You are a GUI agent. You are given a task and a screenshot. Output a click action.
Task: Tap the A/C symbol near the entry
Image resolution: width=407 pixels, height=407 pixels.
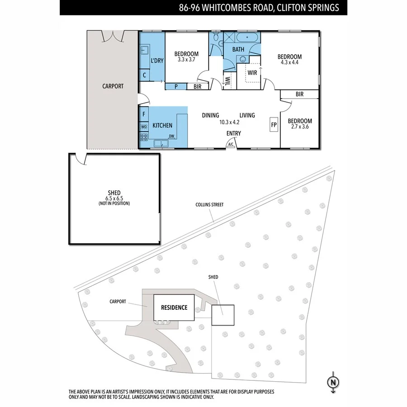231,144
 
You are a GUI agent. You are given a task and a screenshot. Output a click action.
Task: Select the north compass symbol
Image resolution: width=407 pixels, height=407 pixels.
334,382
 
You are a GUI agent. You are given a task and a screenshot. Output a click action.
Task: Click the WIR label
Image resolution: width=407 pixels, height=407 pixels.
252,72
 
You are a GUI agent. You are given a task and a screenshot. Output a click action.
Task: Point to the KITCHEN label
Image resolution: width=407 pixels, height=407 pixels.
162,125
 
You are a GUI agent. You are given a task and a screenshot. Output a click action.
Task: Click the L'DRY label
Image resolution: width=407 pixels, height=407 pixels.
157,60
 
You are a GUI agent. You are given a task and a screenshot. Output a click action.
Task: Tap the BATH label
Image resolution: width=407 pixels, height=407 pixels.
238,49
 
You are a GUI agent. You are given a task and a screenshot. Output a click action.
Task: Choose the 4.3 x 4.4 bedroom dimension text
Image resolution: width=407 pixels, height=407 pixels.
289,63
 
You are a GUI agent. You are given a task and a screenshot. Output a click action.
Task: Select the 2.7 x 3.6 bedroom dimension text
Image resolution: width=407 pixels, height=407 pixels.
300,127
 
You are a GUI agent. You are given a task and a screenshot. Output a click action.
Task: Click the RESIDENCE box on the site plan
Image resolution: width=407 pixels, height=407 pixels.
174,308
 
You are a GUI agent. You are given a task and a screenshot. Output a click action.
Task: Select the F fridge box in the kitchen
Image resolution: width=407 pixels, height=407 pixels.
144,114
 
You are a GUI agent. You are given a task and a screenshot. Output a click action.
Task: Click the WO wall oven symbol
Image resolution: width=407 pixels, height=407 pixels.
144,127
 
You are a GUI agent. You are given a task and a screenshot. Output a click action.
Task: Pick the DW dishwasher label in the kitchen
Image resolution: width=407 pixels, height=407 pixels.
171,136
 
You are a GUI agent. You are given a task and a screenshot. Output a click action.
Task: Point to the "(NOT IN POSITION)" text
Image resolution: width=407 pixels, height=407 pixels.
114,203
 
